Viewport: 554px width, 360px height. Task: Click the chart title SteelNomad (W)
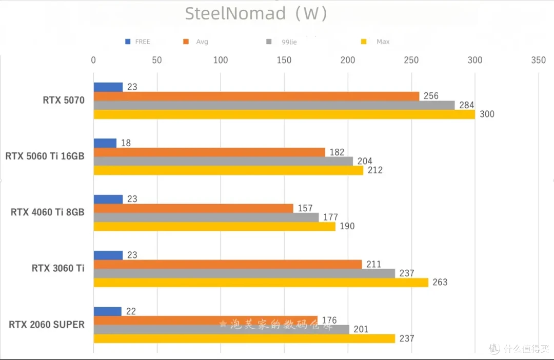[x=256, y=14]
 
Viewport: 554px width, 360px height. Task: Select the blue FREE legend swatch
[x=128, y=42]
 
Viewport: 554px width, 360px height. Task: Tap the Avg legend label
[x=202, y=42]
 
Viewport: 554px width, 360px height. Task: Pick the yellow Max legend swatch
[x=364, y=42]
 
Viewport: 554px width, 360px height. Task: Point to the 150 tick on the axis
[x=284, y=60]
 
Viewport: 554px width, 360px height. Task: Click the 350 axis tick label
[x=539, y=60]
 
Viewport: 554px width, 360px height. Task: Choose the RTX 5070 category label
[x=64, y=101]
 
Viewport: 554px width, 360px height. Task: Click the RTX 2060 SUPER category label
[x=47, y=324]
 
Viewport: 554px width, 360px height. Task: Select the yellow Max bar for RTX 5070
[x=284, y=114]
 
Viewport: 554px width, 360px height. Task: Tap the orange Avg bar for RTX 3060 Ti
[x=228, y=264]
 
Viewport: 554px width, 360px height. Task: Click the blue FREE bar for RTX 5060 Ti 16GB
[x=105, y=143]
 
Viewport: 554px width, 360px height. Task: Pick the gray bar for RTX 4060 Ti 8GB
[x=206, y=217]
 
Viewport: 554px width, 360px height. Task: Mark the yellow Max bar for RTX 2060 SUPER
[x=245, y=338]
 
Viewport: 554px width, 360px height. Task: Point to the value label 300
[x=487, y=114]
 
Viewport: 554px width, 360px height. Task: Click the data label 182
[x=337, y=152]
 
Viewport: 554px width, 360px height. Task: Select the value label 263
[x=440, y=282]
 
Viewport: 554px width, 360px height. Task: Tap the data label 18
[x=126, y=143]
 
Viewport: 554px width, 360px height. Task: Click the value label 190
[x=347, y=226]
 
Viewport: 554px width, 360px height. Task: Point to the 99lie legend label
[x=289, y=42]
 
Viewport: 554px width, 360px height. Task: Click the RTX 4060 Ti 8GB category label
[x=48, y=212]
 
